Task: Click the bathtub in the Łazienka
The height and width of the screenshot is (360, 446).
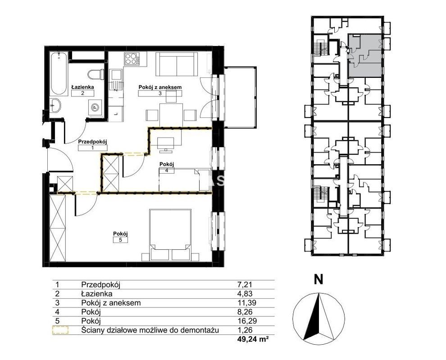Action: pyautogui.click(x=59, y=73)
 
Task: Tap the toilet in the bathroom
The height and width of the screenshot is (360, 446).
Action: pyautogui.click(x=96, y=74)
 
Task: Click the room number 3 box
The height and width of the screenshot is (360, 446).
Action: pyautogui.click(x=160, y=94)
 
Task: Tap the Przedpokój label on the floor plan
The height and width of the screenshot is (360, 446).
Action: pyautogui.click(x=93, y=141)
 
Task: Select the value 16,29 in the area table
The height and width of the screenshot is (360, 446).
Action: pyautogui.click(x=247, y=321)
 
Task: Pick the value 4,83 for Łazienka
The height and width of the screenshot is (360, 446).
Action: pyautogui.click(x=245, y=294)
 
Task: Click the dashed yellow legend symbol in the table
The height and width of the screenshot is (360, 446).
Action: pyautogui.click(x=60, y=330)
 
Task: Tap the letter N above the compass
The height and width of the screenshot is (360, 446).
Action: pyautogui.click(x=319, y=279)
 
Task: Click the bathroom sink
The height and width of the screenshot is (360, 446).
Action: pyautogui.click(x=55, y=106)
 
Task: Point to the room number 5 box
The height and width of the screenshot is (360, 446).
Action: pyautogui.click(x=120, y=240)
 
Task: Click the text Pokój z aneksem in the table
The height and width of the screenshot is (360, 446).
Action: pyautogui.click(x=111, y=303)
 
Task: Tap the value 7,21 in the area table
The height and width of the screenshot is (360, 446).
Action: pyautogui.click(x=245, y=284)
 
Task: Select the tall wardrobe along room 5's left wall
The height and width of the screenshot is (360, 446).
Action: pyautogui.click(x=58, y=228)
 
